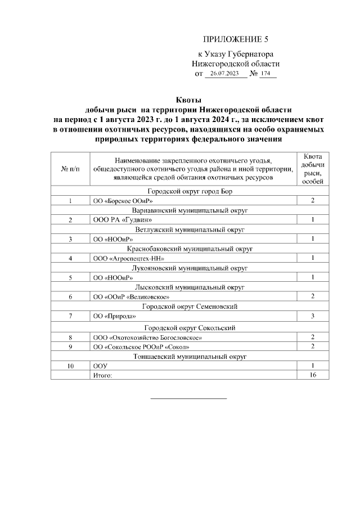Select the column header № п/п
click(70, 169)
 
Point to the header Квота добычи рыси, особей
click(312, 169)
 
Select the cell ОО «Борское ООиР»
click(123, 201)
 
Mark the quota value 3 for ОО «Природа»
click(312, 316)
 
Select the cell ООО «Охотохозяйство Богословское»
click(148, 337)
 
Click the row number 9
click(70, 346)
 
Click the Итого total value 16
click(312, 375)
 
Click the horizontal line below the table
click(188, 398)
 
